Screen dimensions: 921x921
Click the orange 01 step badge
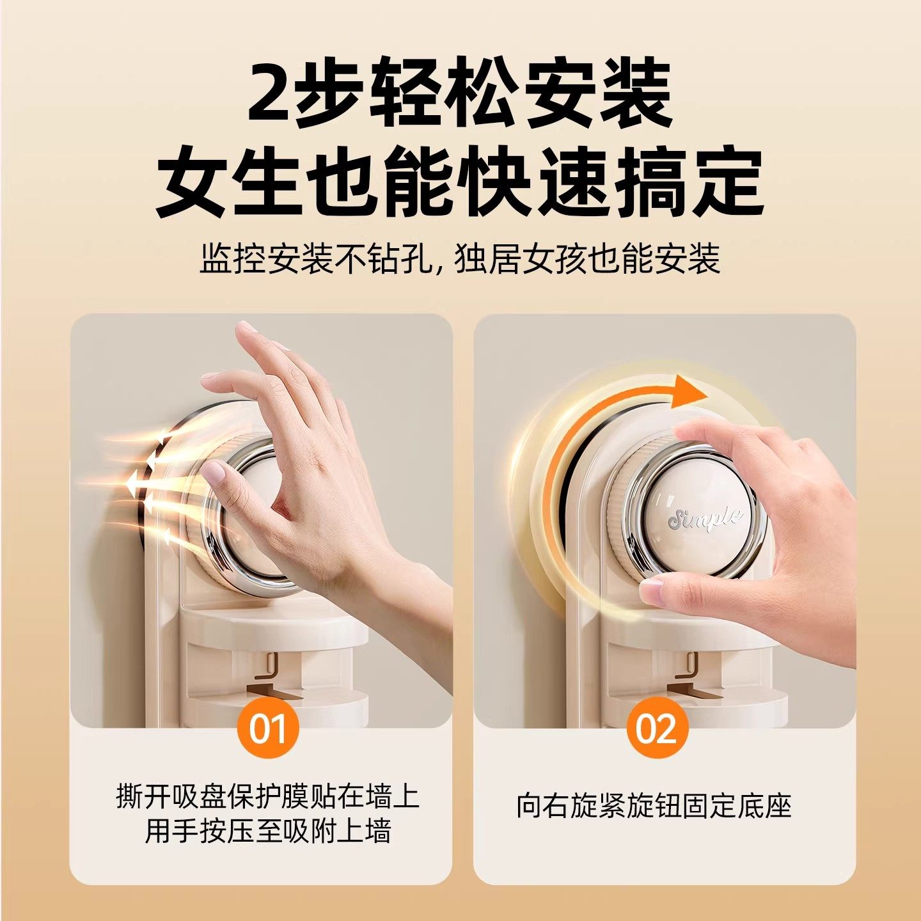[267, 728]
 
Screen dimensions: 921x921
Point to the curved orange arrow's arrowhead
[691, 391]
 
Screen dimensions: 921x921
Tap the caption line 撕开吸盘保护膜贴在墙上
[267, 797]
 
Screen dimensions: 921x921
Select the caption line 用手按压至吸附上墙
[267, 831]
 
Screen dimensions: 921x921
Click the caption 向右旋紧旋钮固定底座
[654, 806]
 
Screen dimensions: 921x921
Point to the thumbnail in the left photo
[213, 474]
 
